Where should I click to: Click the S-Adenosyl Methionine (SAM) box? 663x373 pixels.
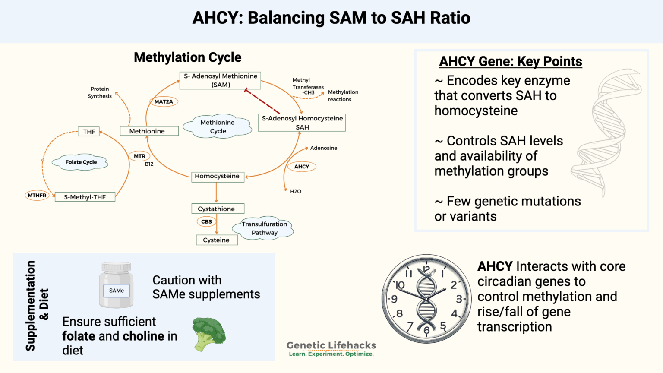220,80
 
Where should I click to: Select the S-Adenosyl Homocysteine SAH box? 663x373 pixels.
302,123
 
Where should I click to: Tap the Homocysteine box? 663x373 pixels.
217,176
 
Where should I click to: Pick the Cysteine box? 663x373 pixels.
217,240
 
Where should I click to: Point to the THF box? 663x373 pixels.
89,132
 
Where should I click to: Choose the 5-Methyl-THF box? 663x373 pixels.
85,197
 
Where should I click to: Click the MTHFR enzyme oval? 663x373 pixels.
37,196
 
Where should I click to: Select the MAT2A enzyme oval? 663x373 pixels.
164,102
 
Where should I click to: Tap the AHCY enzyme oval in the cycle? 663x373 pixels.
302,167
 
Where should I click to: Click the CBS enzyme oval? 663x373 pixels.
206,222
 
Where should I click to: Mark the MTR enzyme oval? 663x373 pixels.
139,156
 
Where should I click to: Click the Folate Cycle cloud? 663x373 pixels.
81,162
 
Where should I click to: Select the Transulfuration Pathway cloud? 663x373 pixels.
264,228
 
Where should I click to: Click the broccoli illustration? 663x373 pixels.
209,333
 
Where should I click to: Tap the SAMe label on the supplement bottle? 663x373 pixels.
117,291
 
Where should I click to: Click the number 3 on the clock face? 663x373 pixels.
459,299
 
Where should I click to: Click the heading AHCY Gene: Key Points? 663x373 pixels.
511,62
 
